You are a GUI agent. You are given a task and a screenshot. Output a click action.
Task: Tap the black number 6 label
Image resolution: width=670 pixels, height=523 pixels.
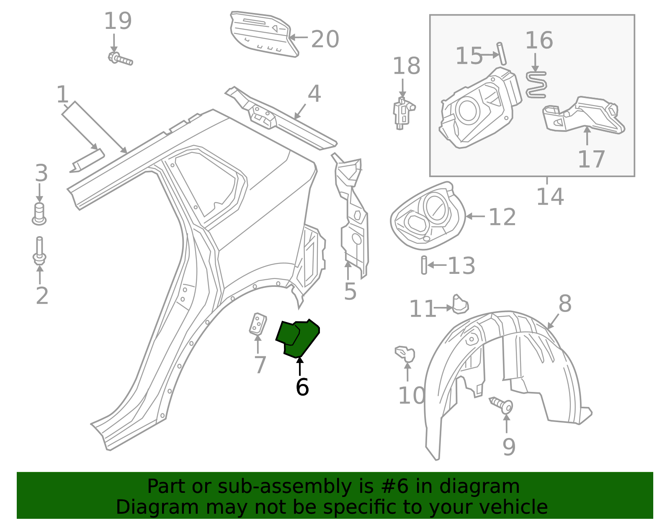coord(302,387)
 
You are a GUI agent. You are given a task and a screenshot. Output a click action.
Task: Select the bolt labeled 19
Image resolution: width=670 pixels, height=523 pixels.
coord(120,59)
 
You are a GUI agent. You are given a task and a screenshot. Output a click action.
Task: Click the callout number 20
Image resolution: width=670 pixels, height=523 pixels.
coord(325,39)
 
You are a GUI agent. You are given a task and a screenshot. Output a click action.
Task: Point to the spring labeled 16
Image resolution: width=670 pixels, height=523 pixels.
coord(536,85)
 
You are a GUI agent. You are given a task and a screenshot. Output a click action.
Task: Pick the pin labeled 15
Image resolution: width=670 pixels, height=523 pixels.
coord(502,53)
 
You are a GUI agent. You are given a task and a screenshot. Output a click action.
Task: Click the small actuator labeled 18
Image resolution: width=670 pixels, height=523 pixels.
coord(402,113)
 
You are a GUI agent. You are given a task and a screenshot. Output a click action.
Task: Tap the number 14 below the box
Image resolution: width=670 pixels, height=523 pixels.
coord(550,196)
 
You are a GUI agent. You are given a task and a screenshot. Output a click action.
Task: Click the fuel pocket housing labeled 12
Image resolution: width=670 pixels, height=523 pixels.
coord(428,216)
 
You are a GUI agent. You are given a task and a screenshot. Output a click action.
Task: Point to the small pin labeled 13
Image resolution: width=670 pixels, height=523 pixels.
coord(424,265)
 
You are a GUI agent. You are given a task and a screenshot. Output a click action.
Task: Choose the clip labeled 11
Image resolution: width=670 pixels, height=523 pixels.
coord(460,304)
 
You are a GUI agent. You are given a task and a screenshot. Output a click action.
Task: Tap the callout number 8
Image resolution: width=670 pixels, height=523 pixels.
coord(565,304)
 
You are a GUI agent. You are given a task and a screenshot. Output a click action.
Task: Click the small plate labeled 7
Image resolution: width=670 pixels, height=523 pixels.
coord(258,324)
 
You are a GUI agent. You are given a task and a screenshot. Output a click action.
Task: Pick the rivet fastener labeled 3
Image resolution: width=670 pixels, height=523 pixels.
coord(39,214)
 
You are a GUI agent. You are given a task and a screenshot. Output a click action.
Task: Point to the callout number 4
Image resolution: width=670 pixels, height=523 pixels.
coord(314,94)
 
